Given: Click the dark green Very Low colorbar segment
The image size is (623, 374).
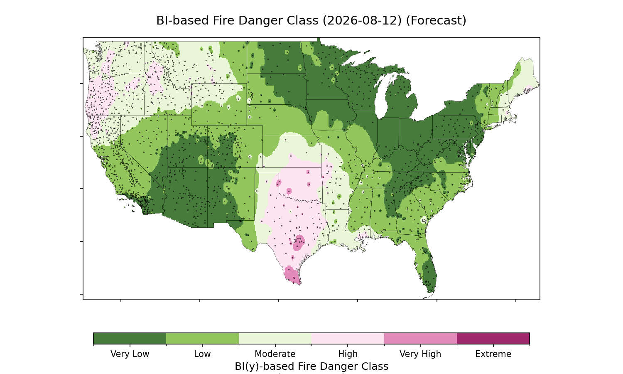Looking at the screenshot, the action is pyautogui.click(x=130, y=338).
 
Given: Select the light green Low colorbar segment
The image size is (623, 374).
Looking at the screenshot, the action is pyautogui.click(x=203, y=338).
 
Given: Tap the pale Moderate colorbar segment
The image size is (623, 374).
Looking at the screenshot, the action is pyautogui.click(x=275, y=338).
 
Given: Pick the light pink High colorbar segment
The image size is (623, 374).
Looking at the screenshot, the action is pyautogui.click(x=348, y=338).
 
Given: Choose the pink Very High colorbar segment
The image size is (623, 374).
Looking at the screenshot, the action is pyautogui.click(x=420, y=338).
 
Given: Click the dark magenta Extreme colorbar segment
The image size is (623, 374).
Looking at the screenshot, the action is pyautogui.click(x=493, y=338).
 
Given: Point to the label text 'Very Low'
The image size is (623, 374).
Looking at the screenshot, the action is pyautogui.click(x=130, y=354).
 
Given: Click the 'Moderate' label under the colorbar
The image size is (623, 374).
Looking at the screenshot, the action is pyautogui.click(x=275, y=354).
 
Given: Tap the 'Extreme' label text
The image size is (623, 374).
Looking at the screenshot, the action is pyautogui.click(x=493, y=354).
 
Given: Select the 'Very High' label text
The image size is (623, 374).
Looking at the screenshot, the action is pyautogui.click(x=420, y=354).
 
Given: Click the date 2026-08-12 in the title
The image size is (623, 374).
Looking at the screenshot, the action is pyautogui.click(x=362, y=21).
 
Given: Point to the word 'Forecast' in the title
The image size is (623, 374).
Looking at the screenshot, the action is pyautogui.click(x=436, y=21).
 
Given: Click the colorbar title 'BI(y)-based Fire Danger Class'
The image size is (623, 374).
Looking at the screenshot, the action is pyautogui.click(x=311, y=366).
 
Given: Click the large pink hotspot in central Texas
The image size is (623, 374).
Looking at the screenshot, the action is pyautogui.click(x=299, y=242).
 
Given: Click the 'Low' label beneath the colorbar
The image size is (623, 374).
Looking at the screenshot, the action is pyautogui.click(x=203, y=354).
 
